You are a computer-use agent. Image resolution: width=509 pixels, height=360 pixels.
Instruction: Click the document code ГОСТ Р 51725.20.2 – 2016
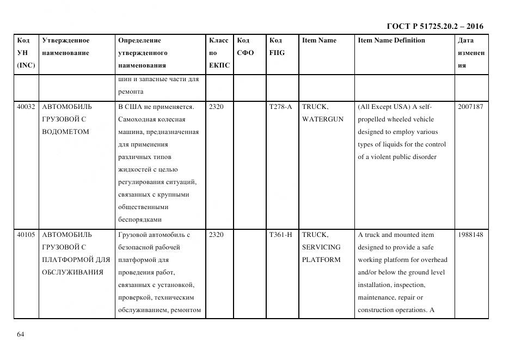(434, 26)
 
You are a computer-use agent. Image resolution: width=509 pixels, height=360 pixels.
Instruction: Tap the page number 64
(21, 334)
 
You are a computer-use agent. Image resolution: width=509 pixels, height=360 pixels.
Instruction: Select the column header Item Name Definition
(391, 40)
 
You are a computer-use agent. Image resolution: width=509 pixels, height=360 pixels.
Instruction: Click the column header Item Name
(319, 40)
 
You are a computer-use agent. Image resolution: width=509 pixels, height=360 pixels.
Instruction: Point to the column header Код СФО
(246, 46)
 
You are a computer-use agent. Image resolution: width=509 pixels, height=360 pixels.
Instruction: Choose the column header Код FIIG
(277, 46)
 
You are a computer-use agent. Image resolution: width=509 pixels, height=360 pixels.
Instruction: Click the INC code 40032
(26, 107)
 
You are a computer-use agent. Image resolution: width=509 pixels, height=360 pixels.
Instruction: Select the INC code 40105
(26, 235)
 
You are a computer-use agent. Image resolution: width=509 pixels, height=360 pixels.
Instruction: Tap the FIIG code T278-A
(280, 107)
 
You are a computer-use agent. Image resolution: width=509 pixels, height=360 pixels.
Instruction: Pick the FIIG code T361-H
(280, 235)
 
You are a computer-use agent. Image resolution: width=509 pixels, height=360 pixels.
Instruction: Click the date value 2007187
(470, 107)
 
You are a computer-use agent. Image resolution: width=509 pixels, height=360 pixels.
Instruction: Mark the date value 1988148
(470, 235)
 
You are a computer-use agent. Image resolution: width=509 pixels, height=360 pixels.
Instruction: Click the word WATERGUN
(323, 119)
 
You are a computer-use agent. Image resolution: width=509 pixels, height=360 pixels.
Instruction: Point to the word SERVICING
(321, 247)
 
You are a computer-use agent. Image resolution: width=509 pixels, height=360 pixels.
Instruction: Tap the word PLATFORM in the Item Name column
(321, 260)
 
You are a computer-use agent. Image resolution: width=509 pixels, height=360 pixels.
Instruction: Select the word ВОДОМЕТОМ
(65, 132)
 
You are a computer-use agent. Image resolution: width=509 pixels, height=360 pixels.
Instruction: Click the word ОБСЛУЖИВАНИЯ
(72, 272)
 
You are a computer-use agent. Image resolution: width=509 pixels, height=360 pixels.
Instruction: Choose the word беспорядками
(139, 220)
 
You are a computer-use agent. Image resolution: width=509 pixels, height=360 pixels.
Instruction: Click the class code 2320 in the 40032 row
(216, 107)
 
